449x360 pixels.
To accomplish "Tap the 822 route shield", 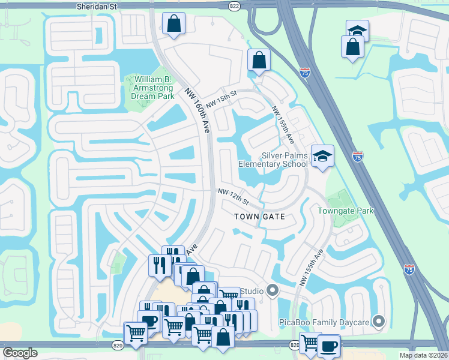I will coord(235,5).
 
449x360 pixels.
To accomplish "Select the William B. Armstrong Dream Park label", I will coord(153,88).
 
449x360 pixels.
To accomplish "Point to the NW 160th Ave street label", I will coord(199,110).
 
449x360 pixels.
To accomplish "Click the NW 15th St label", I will coord(221,100).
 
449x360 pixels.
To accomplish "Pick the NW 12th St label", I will coord(233,195).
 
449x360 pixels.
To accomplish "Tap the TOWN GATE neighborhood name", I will coord(259,216).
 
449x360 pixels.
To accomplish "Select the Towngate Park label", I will coord(345,211).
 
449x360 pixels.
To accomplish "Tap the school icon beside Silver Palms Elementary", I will coord(322,156).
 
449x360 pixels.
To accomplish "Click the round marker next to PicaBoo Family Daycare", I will coord(378,322).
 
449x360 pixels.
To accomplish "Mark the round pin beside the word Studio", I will coord(273,291).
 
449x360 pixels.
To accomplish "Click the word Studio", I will coord(252,291).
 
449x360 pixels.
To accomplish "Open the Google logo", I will coord(20,352).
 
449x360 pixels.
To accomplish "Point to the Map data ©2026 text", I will coord(424,355).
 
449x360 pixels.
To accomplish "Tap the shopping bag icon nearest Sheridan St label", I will coord(173,24).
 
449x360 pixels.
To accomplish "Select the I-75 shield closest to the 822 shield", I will coord(305,73).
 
